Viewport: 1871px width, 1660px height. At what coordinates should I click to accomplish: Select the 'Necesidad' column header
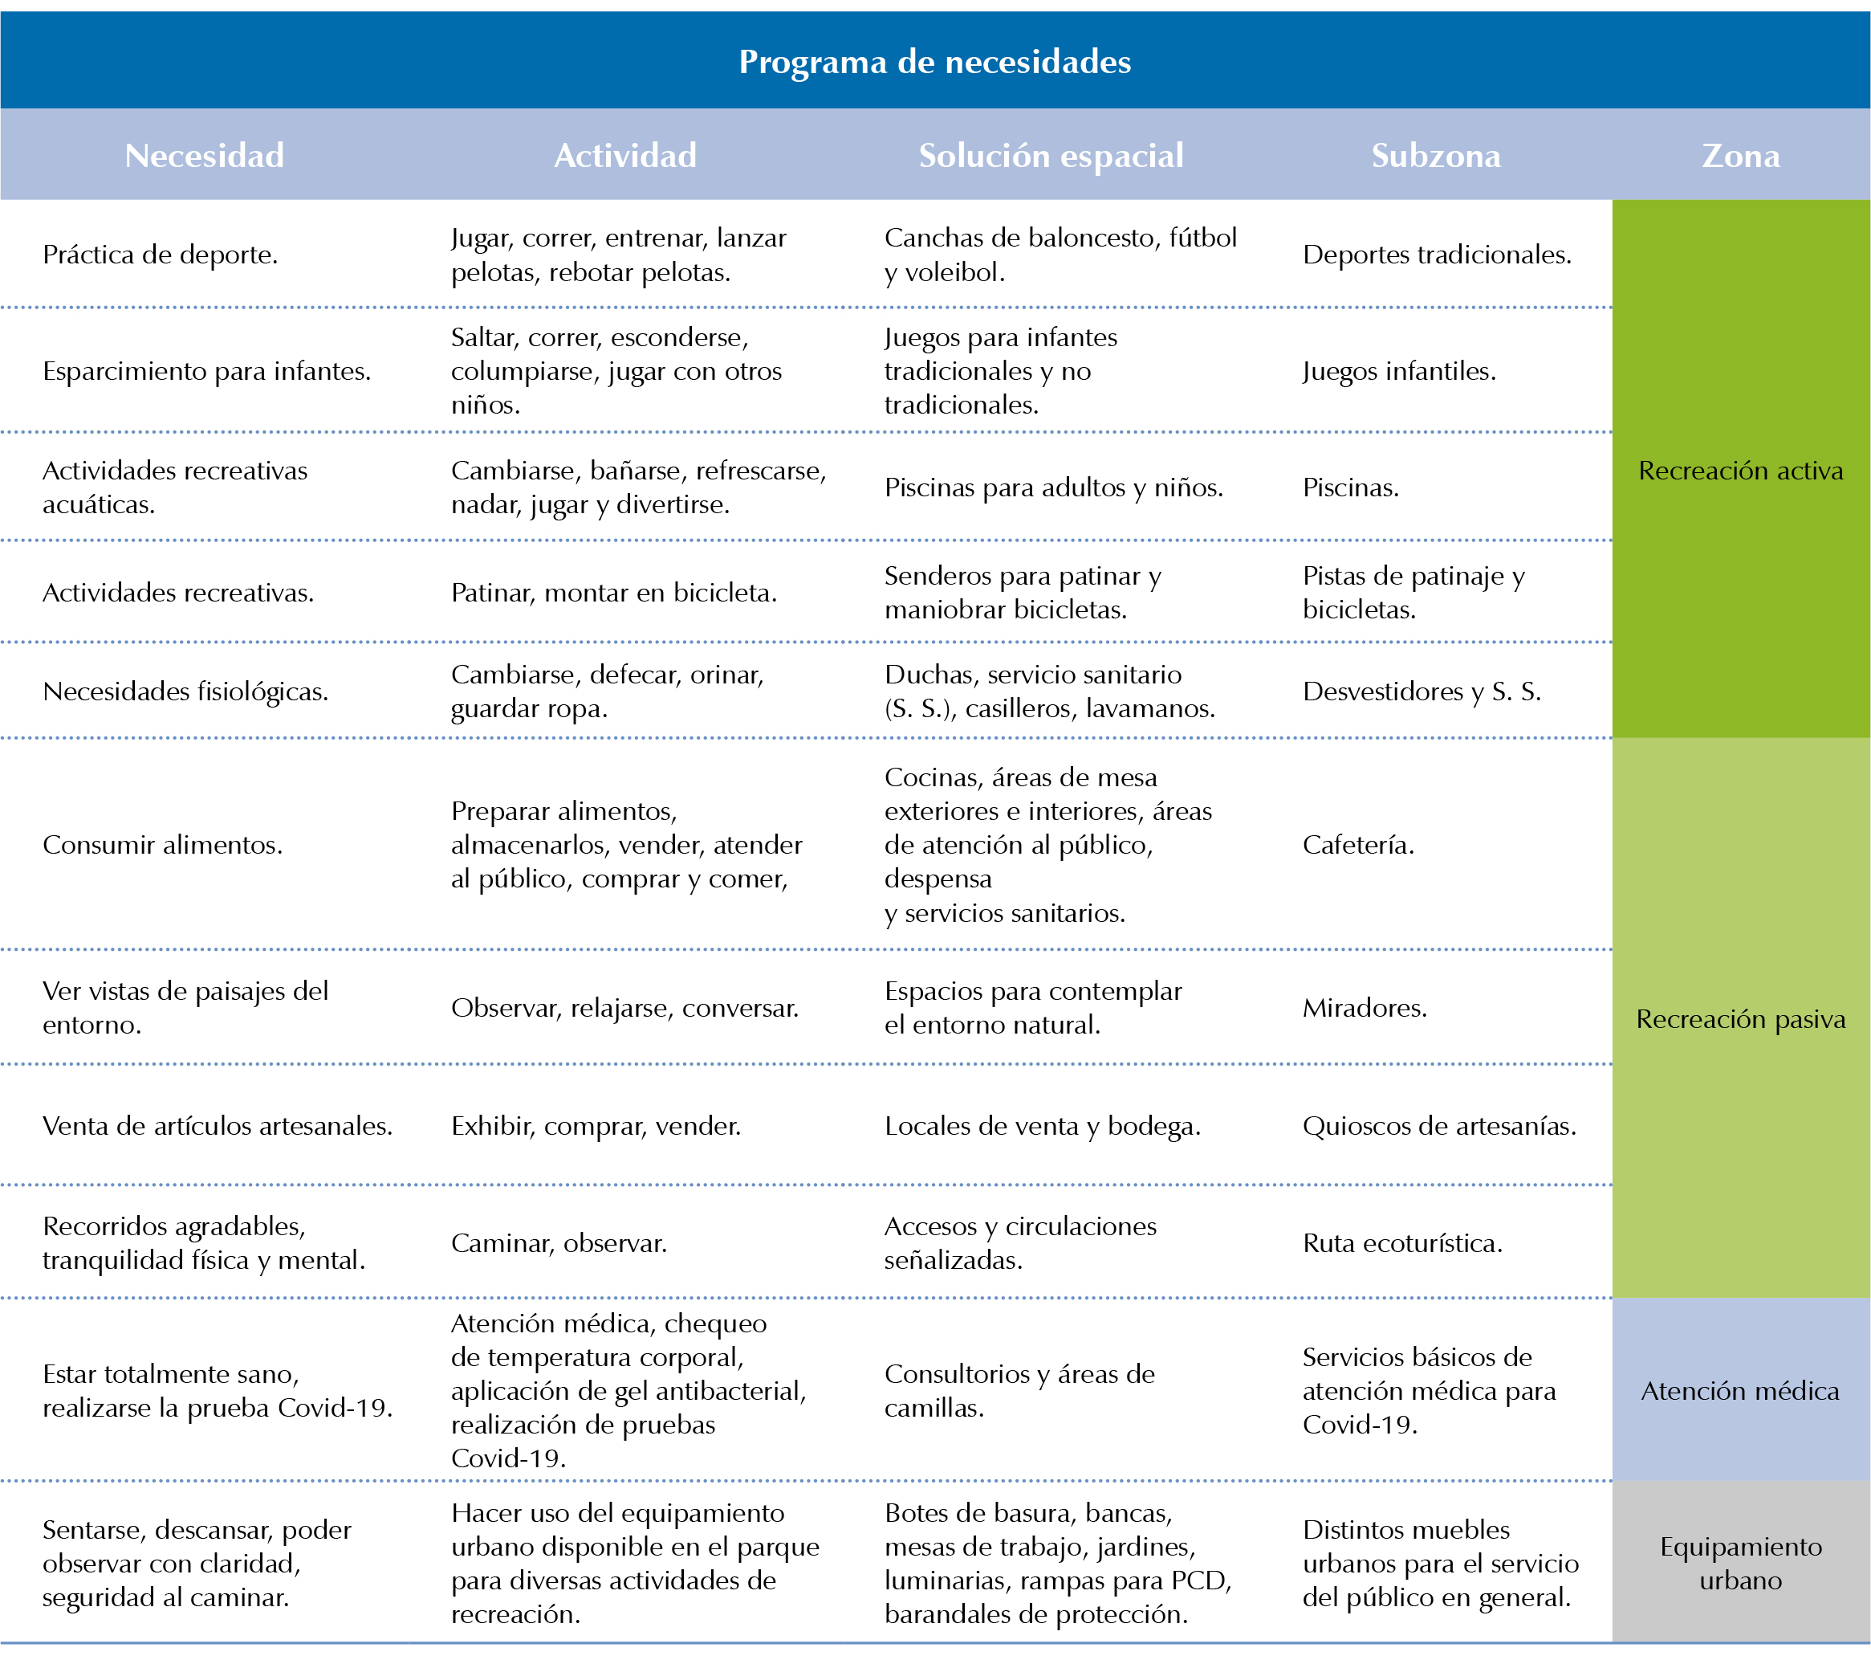click(204, 156)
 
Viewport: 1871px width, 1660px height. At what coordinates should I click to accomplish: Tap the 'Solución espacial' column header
click(1051, 156)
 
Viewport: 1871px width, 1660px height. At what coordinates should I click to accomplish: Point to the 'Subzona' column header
click(1435, 156)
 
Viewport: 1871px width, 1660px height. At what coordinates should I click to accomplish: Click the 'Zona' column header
click(1741, 156)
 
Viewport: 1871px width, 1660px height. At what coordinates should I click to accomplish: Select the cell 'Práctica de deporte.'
click(161, 255)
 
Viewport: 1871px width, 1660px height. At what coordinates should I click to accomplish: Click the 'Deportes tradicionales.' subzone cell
click(1437, 255)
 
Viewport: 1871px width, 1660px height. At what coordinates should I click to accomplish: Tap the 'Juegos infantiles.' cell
click(1400, 371)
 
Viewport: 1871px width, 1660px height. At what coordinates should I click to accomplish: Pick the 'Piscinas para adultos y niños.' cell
click(1054, 487)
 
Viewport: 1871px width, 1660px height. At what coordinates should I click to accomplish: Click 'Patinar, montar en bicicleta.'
click(614, 593)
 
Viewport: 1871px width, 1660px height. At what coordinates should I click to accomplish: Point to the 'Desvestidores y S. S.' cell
click(1422, 691)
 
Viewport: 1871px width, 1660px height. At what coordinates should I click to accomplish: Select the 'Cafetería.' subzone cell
click(1358, 844)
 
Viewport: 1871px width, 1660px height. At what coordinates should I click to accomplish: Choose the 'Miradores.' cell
click(1365, 1008)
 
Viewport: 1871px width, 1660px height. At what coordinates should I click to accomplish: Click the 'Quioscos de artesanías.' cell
click(1440, 1125)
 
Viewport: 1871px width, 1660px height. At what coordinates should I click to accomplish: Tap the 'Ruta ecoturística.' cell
click(1402, 1242)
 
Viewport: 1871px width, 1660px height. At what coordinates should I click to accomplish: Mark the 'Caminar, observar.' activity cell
click(559, 1242)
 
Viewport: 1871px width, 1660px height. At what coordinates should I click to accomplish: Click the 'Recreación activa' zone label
click(1741, 471)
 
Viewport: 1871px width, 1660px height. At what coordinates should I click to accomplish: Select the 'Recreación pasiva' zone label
click(1741, 1019)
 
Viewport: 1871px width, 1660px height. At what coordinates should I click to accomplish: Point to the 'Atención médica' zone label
click(1740, 1391)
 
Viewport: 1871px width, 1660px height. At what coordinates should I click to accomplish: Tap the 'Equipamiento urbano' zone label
click(1741, 1563)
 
